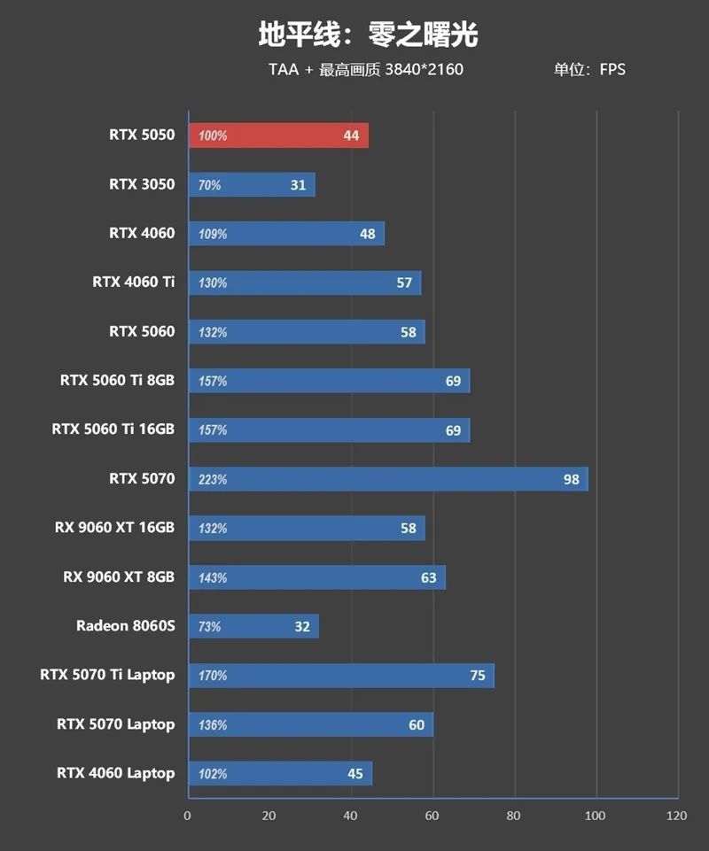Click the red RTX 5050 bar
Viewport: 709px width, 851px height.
coord(278,135)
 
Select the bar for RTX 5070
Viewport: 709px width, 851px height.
coord(387,479)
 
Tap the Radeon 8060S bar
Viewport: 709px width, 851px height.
coord(253,626)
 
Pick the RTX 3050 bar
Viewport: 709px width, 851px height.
coord(252,185)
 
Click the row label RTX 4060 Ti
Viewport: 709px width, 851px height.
coord(134,282)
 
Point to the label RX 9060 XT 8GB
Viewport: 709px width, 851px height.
coord(119,577)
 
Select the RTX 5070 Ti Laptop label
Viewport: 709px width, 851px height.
coord(107,675)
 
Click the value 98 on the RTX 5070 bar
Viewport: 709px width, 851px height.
coord(571,479)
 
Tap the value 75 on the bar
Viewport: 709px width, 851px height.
coord(478,675)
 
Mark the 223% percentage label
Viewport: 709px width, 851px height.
coord(213,479)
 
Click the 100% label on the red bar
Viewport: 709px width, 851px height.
coord(213,136)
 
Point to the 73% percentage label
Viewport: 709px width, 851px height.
coord(210,627)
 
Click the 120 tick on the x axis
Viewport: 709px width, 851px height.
coord(677,815)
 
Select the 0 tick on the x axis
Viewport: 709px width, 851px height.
coord(188,815)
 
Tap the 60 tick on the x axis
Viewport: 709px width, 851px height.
coord(432,815)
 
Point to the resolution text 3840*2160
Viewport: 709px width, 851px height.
coord(424,70)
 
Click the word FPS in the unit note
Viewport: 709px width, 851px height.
coord(612,70)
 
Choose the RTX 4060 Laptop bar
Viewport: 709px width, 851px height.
coord(280,773)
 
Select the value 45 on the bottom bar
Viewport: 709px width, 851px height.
coord(355,773)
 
